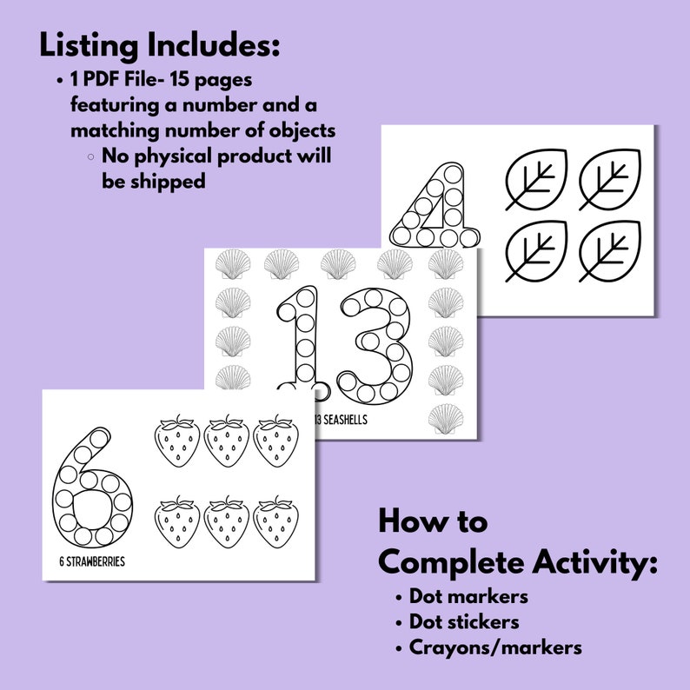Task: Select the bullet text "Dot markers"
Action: (x=468, y=597)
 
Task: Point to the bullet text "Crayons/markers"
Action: (x=495, y=647)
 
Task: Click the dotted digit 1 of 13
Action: (x=300, y=343)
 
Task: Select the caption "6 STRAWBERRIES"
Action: (x=87, y=561)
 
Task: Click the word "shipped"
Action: (x=153, y=182)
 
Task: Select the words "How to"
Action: (x=433, y=522)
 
